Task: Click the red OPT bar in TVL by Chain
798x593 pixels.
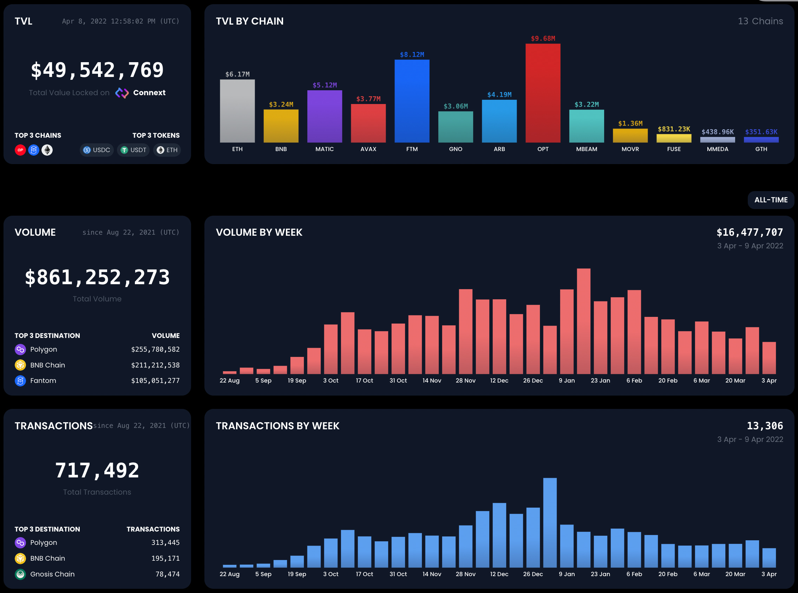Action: pyautogui.click(x=543, y=93)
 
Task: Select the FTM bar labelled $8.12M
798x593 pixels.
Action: pyautogui.click(x=412, y=101)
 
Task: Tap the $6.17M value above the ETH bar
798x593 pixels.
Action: pyautogui.click(x=237, y=74)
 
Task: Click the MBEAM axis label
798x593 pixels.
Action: pyautogui.click(x=587, y=149)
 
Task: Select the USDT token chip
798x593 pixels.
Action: pyautogui.click(x=133, y=150)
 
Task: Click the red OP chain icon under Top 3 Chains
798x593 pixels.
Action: pyautogui.click(x=20, y=150)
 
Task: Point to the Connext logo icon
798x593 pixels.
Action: pyautogui.click(x=122, y=93)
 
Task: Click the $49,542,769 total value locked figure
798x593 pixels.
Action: pyautogui.click(x=97, y=70)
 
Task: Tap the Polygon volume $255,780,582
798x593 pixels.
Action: pyautogui.click(x=155, y=349)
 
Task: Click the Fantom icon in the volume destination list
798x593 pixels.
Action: pyautogui.click(x=20, y=380)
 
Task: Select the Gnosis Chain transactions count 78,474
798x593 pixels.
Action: pyautogui.click(x=167, y=574)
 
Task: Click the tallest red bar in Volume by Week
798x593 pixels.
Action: pyautogui.click(x=583, y=321)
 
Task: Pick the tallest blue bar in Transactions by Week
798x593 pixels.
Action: pyautogui.click(x=550, y=523)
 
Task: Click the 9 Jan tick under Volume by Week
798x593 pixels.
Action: pyautogui.click(x=567, y=380)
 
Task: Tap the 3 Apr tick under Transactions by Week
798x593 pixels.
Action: pyautogui.click(x=769, y=574)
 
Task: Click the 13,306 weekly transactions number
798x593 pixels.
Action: pyautogui.click(x=765, y=426)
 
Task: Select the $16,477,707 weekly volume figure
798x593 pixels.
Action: pyautogui.click(x=750, y=232)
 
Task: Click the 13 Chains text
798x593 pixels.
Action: pyautogui.click(x=760, y=21)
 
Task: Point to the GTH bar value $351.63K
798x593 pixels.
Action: pyautogui.click(x=761, y=132)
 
